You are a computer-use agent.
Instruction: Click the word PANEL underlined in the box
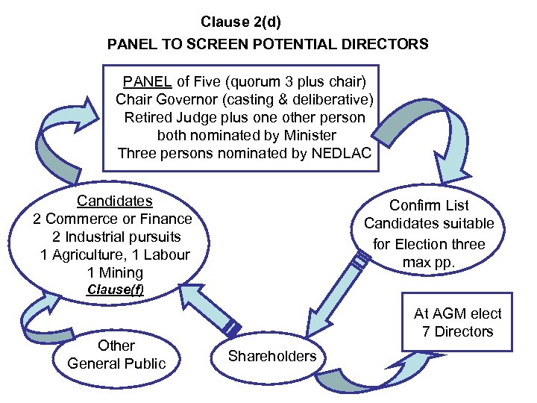tap(148, 81)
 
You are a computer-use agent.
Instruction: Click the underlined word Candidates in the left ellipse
tap(115, 201)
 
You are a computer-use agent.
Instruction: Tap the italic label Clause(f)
tap(115, 290)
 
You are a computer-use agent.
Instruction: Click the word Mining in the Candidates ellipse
tap(124, 272)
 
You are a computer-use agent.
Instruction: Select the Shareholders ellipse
tap(272, 357)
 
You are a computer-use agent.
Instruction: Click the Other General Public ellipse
tap(116, 354)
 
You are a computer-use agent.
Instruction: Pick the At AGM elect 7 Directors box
tap(457, 322)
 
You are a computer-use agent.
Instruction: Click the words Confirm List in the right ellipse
tap(429, 205)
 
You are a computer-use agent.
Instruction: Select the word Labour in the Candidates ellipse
tap(167, 254)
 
